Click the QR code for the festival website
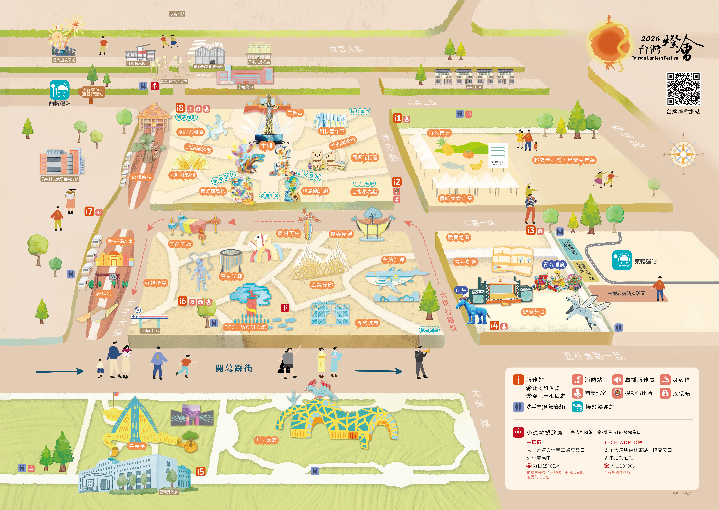pyautogui.click(x=683, y=89)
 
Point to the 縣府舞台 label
pyautogui.click(x=534, y=312)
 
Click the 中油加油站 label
pyautogui.click(x=150, y=331)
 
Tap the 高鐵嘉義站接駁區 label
pyautogui.click(x=626, y=293)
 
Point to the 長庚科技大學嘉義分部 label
pyautogui.click(x=60, y=179)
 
